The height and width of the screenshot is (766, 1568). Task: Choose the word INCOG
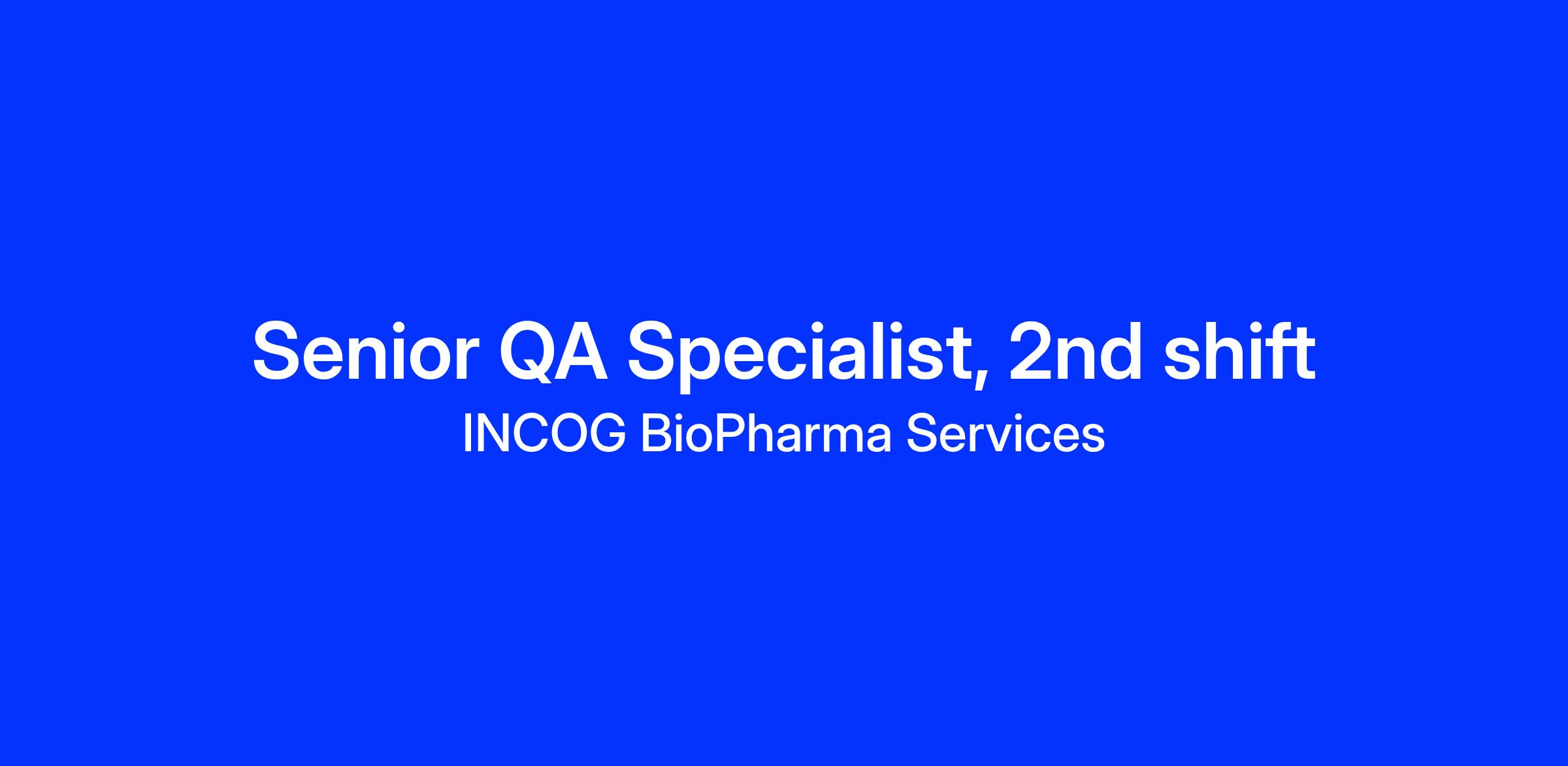point(544,433)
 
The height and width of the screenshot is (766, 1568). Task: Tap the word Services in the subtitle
point(1005,433)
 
